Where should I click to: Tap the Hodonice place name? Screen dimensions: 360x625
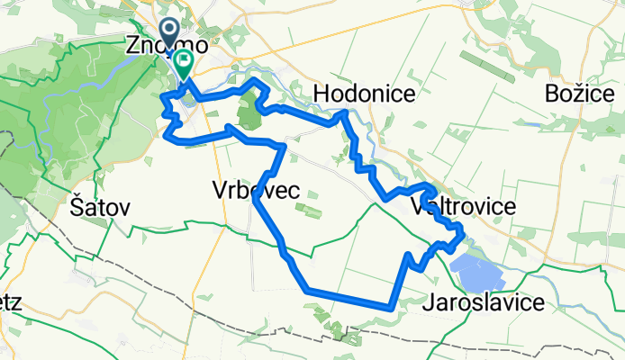pyautogui.click(x=364, y=94)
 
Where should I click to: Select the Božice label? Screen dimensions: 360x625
pyautogui.click(x=584, y=93)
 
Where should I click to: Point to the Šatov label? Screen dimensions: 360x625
pyautogui.click(x=99, y=207)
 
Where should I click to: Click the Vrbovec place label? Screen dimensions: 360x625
pyautogui.click(x=256, y=191)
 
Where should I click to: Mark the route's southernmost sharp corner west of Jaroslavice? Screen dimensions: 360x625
pyautogui.click(x=389, y=307)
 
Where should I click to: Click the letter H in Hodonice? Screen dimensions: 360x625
pyautogui.click(x=321, y=94)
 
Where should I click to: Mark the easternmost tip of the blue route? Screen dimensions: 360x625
pyautogui.click(x=463, y=236)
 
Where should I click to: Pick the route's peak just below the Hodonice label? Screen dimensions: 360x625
pyautogui.click(x=342, y=113)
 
